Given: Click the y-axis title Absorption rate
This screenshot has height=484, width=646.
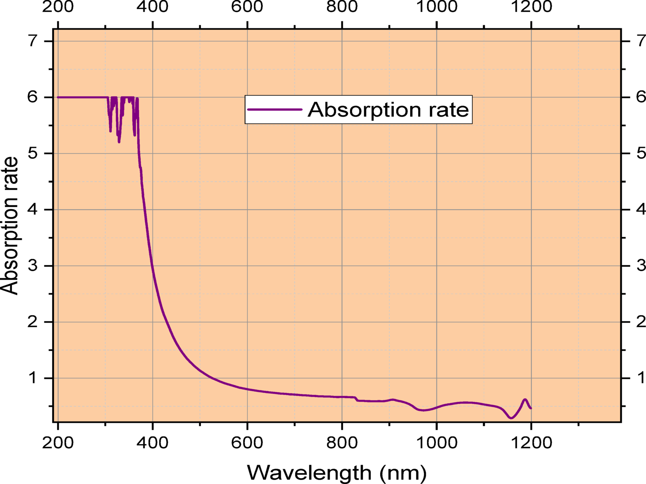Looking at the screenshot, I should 10,225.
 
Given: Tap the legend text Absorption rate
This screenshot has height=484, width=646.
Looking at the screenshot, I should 388,110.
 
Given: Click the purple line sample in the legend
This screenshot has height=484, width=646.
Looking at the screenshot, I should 275,110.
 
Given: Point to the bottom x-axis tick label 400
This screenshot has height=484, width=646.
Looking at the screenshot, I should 153,443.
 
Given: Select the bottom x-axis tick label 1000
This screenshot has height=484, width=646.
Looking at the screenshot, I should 437,443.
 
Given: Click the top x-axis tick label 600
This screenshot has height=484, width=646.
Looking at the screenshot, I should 247,7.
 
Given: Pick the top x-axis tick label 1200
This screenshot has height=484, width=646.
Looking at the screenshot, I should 531,7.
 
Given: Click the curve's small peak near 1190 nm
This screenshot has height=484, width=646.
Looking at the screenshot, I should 525,399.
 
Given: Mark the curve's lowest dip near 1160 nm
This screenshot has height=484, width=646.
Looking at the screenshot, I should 511,418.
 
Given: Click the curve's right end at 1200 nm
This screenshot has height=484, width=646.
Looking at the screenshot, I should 531,408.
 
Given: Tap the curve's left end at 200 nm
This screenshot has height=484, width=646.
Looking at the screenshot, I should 58,97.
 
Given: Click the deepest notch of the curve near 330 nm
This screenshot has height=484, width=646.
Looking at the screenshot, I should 119,142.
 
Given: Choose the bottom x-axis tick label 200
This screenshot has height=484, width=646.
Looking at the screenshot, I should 58,443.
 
